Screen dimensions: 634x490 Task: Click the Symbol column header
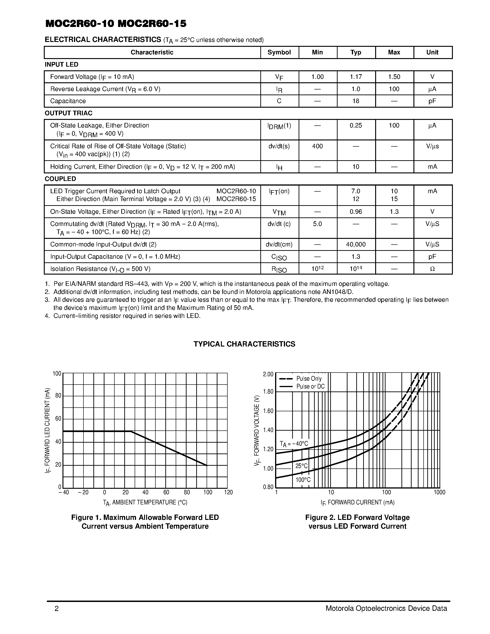pos(279,52)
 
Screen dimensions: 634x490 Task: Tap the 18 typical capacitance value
pos(356,101)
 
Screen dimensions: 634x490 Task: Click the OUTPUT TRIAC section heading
pos(68,113)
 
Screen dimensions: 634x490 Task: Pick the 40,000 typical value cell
pos(356,244)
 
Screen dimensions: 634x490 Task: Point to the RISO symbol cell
pos(279,269)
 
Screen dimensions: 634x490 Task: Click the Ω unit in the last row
pos(432,269)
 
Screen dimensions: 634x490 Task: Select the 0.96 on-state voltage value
pos(356,212)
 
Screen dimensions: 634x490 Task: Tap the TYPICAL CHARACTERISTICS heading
pos(244,344)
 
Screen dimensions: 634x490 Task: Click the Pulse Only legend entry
pos(309,379)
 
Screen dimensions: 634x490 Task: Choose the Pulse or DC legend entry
pos(310,386)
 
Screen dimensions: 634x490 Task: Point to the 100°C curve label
pos(303,480)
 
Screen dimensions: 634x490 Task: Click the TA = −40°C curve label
pos(294,444)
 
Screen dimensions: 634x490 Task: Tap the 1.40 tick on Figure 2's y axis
pos(268,430)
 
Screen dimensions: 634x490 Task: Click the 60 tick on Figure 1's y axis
pos(58,419)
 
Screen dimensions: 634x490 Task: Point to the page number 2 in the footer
pos(56,608)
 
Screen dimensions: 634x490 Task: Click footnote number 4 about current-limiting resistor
pos(47,316)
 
